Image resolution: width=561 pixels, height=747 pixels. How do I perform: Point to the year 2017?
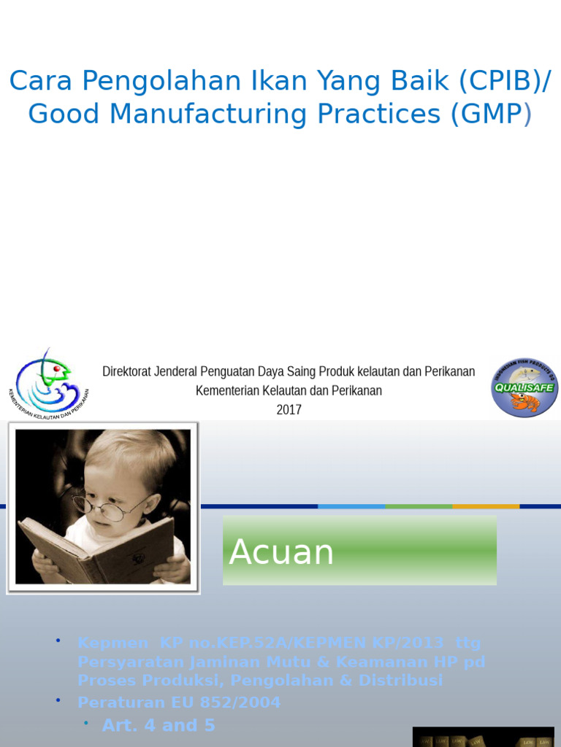[289, 410]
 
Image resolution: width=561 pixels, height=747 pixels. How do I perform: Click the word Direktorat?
[126, 371]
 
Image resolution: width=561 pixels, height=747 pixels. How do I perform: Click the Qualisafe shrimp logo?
[524, 387]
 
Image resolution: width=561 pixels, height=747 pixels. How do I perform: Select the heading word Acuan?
[281, 552]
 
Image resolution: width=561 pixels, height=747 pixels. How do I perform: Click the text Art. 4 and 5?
[159, 725]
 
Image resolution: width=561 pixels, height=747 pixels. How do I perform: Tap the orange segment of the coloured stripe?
[486, 506]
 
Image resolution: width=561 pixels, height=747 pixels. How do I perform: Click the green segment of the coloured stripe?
[419, 506]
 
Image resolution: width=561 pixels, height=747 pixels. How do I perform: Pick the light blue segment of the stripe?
[351, 506]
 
